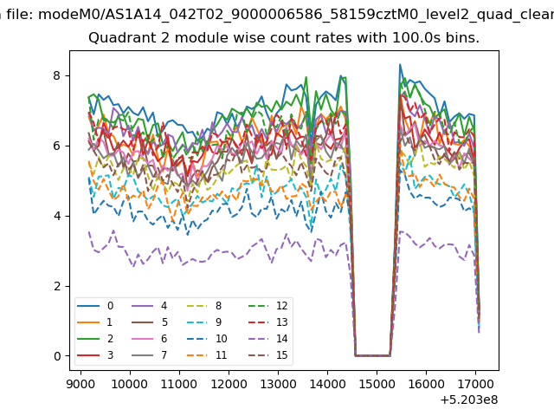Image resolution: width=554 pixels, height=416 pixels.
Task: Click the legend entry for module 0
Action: [95, 306]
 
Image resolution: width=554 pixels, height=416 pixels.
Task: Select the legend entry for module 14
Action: [268, 339]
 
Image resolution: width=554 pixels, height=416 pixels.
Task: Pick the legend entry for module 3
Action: [95, 354]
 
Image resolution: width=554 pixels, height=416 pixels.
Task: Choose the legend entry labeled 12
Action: [268, 306]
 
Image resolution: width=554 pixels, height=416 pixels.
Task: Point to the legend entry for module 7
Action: [150, 354]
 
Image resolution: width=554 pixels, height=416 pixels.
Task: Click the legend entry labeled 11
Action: [207, 354]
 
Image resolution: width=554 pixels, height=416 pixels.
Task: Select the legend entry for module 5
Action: [150, 322]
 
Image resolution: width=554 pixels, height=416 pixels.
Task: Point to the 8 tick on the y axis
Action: [57, 75]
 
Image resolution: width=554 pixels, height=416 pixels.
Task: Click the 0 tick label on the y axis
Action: [57, 356]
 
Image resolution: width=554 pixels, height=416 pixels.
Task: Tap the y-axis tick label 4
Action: [57, 216]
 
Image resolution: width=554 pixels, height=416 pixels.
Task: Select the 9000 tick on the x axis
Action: [81, 384]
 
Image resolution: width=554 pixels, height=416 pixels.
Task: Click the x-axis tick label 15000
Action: [377, 384]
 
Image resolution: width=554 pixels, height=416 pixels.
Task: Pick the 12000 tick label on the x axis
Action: [229, 384]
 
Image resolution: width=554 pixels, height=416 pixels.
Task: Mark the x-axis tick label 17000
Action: [475, 384]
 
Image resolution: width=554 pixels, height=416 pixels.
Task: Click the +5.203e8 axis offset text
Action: [469, 400]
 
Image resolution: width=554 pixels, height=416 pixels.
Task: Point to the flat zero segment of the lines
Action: [373, 355]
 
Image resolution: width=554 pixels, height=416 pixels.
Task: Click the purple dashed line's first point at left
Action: [89, 231]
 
